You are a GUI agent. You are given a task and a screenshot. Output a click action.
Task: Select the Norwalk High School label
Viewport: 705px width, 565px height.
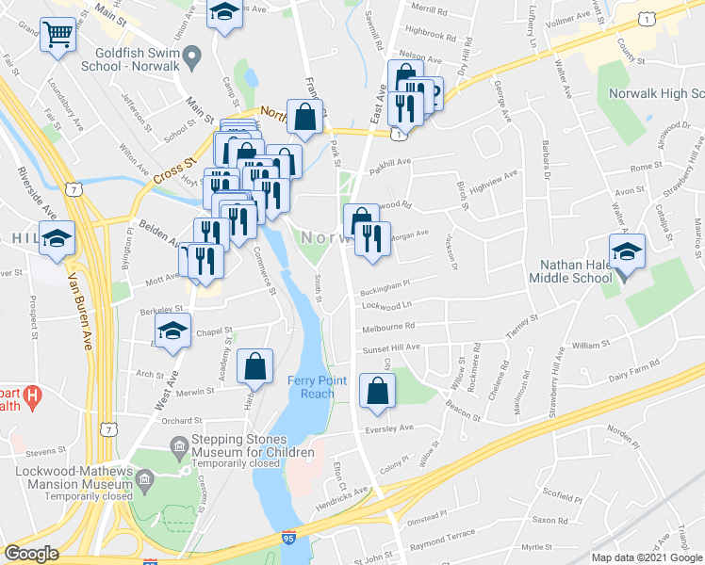coord(658,94)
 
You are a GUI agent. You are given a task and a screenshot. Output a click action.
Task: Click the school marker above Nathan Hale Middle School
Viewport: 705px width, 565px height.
coord(627,252)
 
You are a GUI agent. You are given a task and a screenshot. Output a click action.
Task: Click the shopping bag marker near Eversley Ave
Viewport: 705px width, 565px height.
coord(377,392)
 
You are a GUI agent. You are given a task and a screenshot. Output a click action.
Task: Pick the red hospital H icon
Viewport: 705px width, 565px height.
coord(32,398)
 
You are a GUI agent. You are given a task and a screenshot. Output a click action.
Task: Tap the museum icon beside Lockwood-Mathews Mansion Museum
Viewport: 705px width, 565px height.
coord(144,482)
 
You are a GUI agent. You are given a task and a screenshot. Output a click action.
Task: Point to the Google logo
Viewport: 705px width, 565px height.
coord(32,554)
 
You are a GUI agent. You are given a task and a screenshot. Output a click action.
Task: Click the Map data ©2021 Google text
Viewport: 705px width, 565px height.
coord(647,557)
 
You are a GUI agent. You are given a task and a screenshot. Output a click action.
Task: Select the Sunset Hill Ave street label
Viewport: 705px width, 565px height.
coord(392,347)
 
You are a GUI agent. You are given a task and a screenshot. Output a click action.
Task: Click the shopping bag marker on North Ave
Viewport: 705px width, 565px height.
coord(305,118)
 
